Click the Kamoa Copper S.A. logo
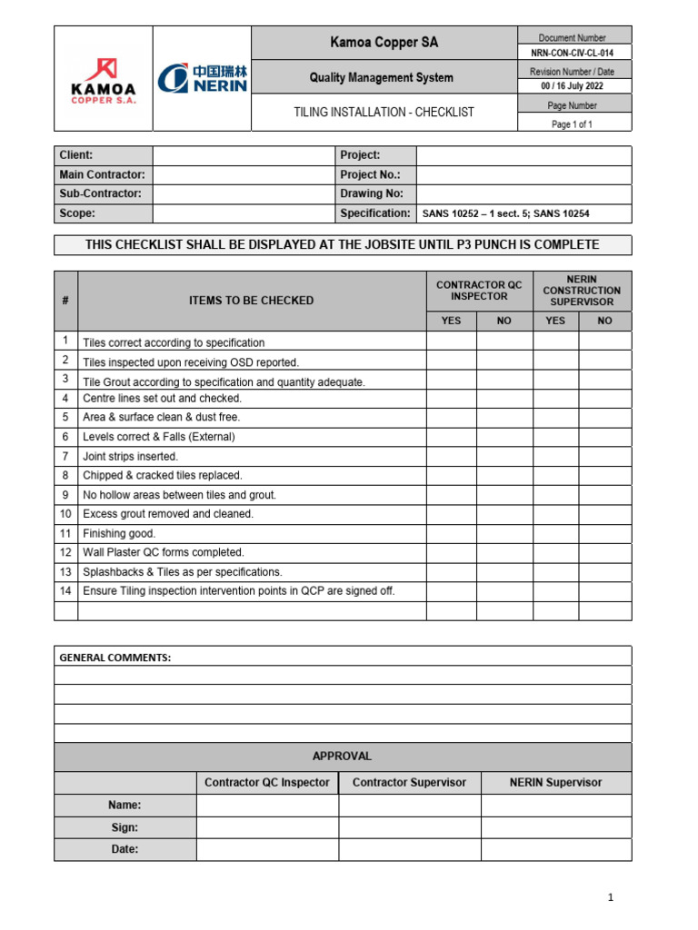(103, 80)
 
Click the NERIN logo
(202, 78)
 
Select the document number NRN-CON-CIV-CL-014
(573, 54)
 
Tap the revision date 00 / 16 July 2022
(573, 87)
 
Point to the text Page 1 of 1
(573, 124)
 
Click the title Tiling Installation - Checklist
(383, 113)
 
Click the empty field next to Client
(243, 155)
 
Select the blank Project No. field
(523, 174)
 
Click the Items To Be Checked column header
(251, 301)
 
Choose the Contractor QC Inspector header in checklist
(479, 291)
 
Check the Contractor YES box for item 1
(451, 341)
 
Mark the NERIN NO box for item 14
(604, 591)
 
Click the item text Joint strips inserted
(131, 457)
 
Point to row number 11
(65, 533)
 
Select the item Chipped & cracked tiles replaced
(163, 476)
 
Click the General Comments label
(115, 657)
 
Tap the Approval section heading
(342, 757)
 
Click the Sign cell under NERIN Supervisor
(555, 827)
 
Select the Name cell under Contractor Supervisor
(409, 806)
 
